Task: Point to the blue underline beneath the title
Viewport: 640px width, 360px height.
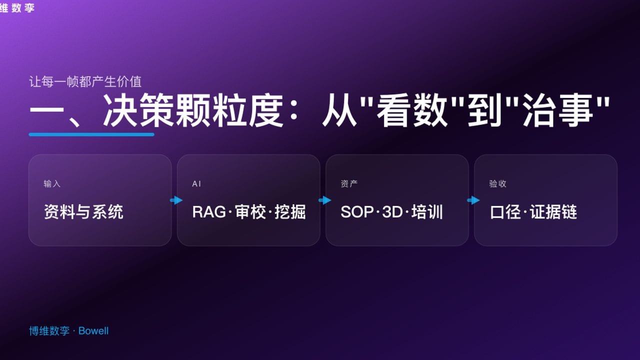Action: coord(91,134)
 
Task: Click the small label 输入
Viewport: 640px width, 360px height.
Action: coord(52,184)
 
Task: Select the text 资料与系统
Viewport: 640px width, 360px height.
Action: coord(83,212)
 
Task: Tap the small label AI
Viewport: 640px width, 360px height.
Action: coord(196,184)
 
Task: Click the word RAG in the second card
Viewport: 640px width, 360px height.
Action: coord(209,212)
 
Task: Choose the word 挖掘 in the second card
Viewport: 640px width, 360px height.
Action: coord(290,212)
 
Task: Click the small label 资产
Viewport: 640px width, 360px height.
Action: coord(349,184)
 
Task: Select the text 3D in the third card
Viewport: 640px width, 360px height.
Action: coord(392,212)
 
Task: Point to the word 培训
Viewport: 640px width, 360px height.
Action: coord(427,212)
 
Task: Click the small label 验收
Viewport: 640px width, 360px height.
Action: coord(497,184)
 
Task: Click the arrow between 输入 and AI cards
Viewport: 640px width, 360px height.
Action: coord(176,200)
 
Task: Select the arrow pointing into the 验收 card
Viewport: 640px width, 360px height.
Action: coord(473,200)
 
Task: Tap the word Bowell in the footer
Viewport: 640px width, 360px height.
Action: coord(93,331)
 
